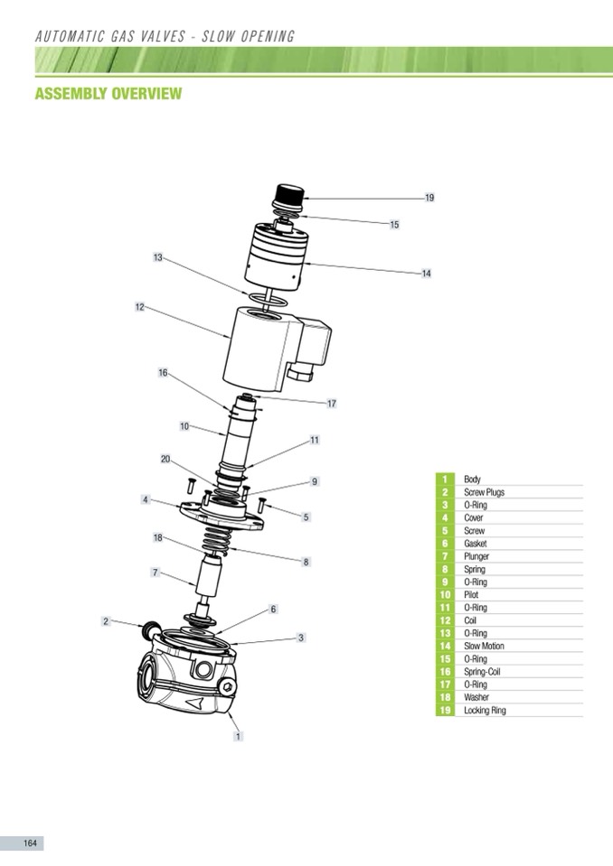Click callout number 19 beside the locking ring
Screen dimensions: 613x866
429,198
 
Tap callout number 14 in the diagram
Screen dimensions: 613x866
426,274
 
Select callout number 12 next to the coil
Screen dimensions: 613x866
140,307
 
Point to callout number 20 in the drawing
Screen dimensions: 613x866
165,459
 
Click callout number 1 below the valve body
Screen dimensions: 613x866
238,736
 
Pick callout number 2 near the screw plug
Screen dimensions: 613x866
106,621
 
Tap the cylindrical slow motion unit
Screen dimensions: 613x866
274,256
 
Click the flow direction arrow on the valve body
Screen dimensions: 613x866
194,703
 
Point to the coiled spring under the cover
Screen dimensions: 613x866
217,540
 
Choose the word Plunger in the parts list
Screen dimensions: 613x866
476,556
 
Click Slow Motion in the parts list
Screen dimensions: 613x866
485,646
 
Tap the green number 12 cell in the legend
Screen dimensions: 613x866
445,620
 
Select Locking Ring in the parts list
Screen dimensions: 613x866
485,711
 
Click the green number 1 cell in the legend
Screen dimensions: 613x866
445,480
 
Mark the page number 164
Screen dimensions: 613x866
30,843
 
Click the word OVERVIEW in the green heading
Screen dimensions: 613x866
146,93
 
